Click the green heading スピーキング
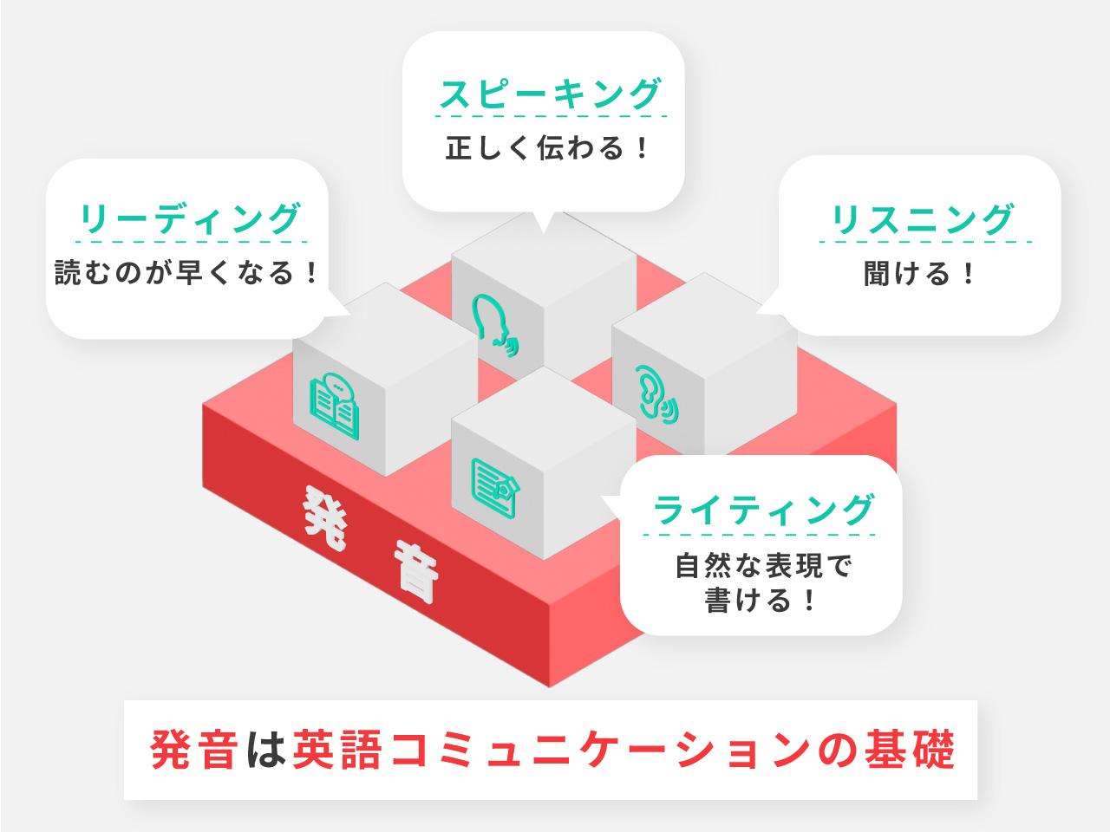[550, 94]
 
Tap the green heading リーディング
[191, 218]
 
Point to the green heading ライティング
[764, 510]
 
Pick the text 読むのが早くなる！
[186, 273]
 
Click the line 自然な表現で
[764, 566]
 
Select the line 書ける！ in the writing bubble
[760, 600]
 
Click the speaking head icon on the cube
[495, 325]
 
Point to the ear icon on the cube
[656, 394]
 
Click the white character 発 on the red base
[325, 517]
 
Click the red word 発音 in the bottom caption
[194, 750]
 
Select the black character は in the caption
[266, 750]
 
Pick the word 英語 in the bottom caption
[337, 750]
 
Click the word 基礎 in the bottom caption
[910, 750]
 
